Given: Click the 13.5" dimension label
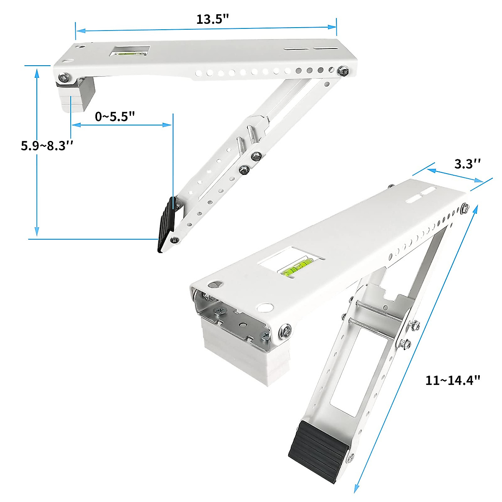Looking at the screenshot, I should tap(213, 19).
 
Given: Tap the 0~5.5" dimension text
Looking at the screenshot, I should tap(115, 116).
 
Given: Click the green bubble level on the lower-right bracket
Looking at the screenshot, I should tap(296, 268).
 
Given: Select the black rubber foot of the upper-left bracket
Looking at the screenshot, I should tap(166, 225).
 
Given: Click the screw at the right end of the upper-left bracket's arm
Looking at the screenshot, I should tap(344, 71).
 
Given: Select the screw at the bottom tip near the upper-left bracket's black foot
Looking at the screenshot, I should tap(174, 240).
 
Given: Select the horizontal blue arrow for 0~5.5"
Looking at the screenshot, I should tap(121, 125).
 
